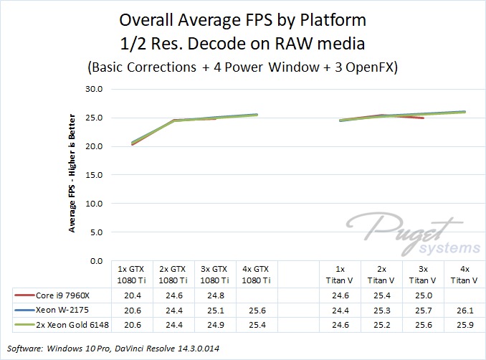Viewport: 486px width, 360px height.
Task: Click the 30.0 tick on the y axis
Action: [95, 89]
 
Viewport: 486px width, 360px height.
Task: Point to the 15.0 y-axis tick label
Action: [95, 175]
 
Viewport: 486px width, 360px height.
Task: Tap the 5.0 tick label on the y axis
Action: [97, 232]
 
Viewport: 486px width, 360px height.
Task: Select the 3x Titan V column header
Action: [423, 275]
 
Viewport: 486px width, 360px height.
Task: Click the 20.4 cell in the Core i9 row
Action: [133, 295]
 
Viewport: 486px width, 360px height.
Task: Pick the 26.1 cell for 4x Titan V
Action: [464, 311]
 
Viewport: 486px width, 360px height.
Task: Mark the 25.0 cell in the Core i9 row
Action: [423, 295]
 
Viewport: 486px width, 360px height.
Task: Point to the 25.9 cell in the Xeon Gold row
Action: [464, 326]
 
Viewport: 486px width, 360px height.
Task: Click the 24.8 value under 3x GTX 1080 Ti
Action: [216, 295]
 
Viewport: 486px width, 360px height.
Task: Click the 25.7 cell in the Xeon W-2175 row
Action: [423, 311]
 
